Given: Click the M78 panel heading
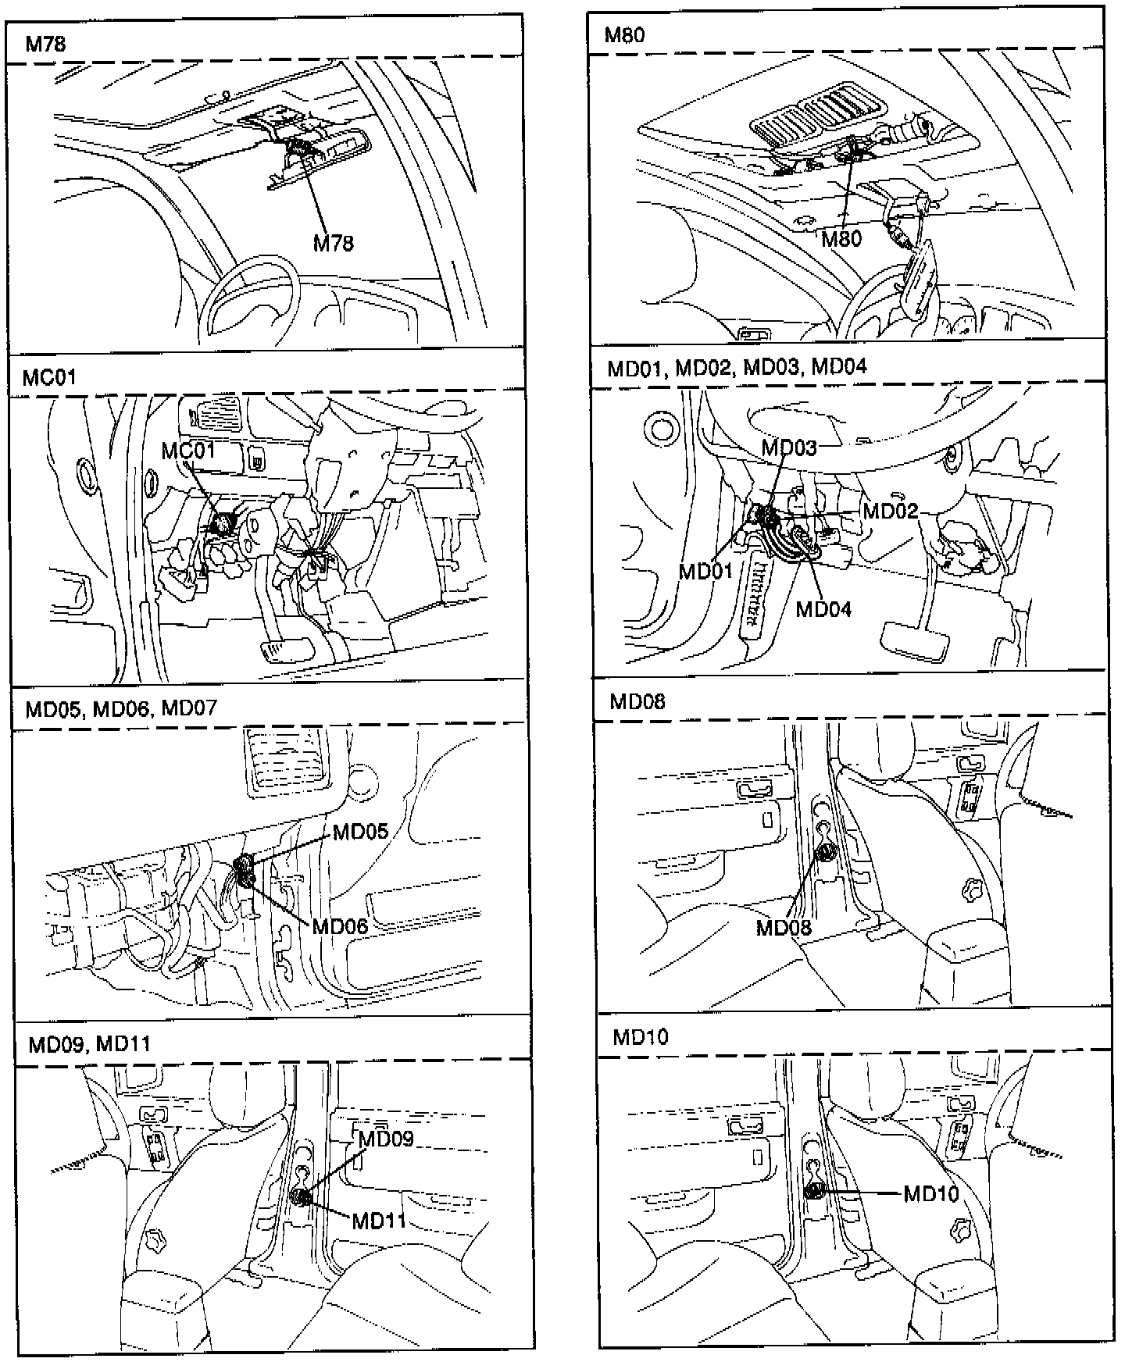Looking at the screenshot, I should (x=45, y=44).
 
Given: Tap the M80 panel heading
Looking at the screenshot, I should (x=624, y=34).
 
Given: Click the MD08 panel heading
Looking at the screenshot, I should (x=637, y=701).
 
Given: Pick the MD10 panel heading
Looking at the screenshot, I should (x=641, y=1037).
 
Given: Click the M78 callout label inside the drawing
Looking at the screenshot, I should (x=334, y=244).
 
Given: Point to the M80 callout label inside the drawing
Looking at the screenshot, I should (x=841, y=238).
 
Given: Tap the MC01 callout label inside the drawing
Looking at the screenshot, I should (x=187, y=451).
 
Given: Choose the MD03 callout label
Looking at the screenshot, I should (x=789, y=447).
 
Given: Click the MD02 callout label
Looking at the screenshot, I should (x=890, y=511).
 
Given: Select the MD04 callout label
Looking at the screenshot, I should (x=823, y=608).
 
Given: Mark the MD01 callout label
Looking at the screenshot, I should (x=706, y=571).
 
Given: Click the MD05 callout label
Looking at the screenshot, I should (x=360, y=831).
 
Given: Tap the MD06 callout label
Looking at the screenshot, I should (x=340, y=927).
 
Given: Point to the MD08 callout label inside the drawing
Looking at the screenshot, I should (x=784, y=928).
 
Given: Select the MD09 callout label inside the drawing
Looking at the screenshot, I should (x=386, y=1138).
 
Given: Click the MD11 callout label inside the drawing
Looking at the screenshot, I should (x=379, y=1220).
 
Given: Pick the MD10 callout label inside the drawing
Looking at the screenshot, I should (x=931, y=1193).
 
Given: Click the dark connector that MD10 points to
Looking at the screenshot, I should (x=814, y=1191).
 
